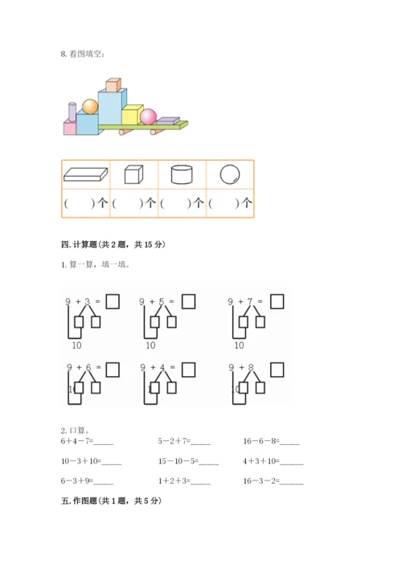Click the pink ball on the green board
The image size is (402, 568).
pos(148,117)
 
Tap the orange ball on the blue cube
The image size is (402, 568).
pos(89,106)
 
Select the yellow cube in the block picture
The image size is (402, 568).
pos(130,115)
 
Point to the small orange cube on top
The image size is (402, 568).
pos(113,84)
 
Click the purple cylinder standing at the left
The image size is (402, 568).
pos(72,112)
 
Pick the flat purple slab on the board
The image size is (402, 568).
pos(167,121)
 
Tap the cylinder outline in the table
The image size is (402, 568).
pos(182,174)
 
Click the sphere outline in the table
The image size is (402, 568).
pos(230,174)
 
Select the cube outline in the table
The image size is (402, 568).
pos(133,174)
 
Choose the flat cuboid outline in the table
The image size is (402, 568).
pos(85,174)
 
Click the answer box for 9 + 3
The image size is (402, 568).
pos(113,301)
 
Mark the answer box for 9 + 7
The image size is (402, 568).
pos(277,301)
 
